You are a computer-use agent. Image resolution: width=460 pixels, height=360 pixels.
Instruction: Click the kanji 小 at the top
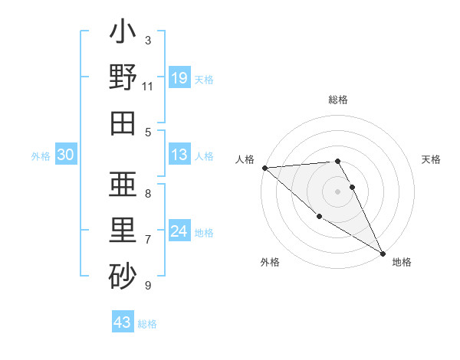(123, 33)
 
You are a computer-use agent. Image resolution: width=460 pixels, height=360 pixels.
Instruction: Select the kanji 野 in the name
(123, 78)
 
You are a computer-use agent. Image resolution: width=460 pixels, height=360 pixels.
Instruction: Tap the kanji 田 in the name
(123, 123)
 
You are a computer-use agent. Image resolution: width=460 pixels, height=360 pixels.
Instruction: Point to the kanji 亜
(123, 185)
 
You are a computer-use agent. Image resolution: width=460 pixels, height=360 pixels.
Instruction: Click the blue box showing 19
(179, 78)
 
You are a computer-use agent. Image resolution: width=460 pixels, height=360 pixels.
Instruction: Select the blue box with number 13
(179, 155)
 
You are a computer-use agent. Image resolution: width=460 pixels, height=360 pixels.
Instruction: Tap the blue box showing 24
(179, 232)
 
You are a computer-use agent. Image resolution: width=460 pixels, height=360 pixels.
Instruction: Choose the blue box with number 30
(66, 155)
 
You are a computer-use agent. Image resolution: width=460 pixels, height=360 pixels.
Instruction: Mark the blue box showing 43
(122, 323)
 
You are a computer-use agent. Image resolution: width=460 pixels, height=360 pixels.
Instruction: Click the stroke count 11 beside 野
(147, 87)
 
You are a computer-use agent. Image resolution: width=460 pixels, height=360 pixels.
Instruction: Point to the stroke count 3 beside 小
(147, 40)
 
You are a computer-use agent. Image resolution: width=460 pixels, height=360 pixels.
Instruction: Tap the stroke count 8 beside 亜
(147, 193)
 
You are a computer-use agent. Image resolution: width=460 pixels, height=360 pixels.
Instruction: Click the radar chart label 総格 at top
(338, 100)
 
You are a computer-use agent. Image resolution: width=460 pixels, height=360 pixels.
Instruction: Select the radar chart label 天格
(432, 159)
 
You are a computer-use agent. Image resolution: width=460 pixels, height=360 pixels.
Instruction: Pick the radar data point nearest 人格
(264, 168)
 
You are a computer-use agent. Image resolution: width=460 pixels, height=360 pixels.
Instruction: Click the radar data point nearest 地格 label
(383, 252)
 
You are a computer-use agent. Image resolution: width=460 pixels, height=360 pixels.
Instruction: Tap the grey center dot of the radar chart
(337, 191)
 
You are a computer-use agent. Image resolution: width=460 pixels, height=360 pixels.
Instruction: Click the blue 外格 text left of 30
(41, 156)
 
